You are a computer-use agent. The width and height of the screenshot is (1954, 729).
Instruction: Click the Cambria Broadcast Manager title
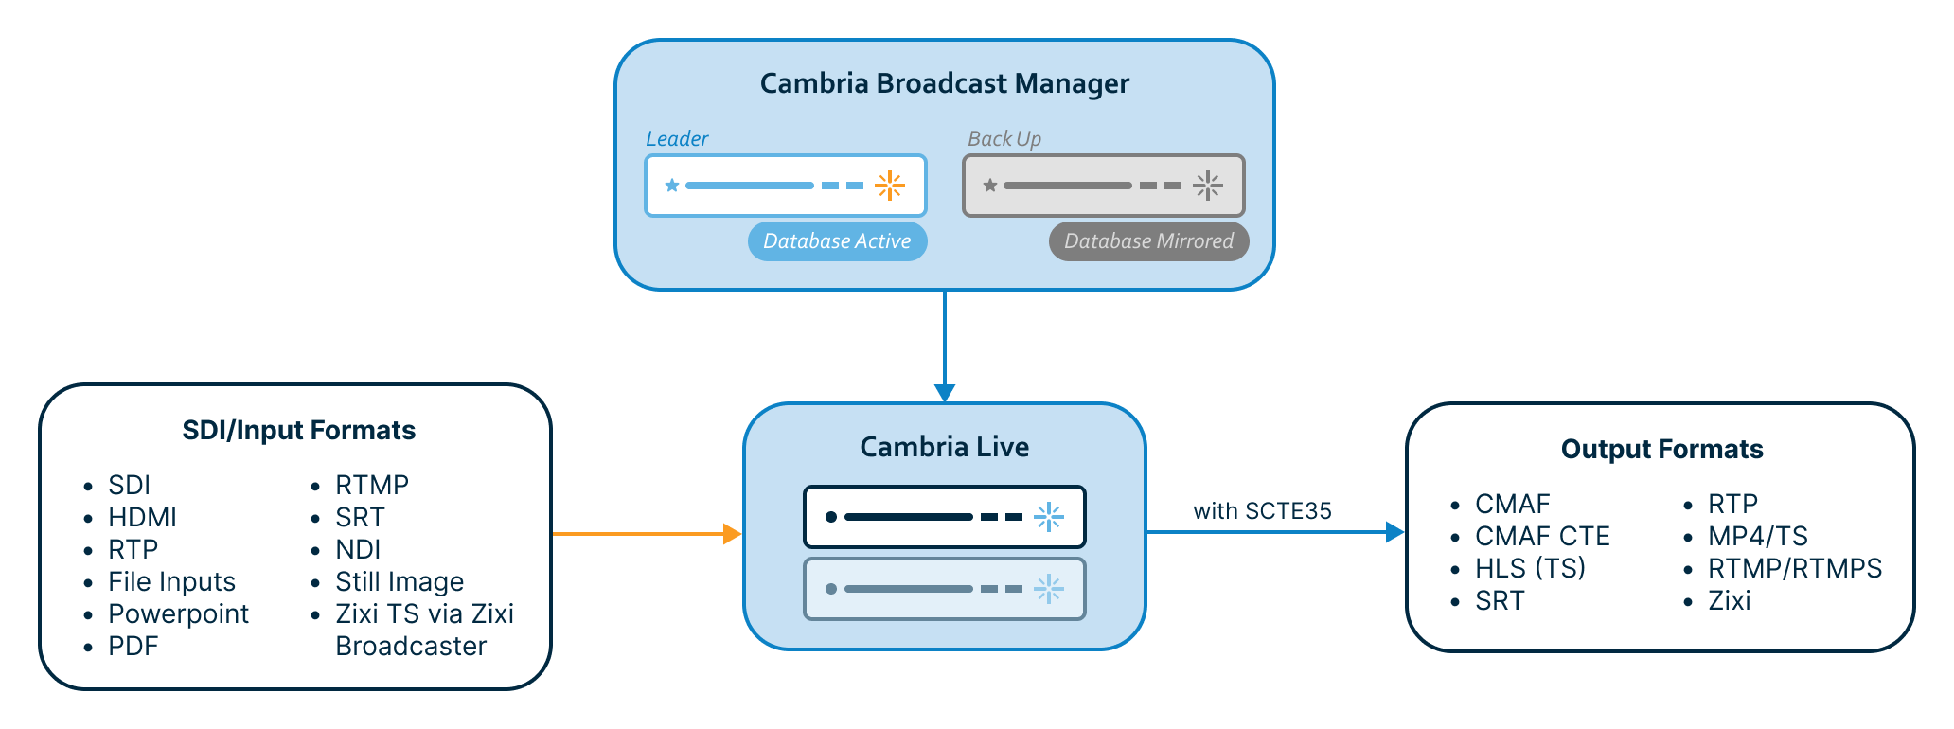coord(944,84)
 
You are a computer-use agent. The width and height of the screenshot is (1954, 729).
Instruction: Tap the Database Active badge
coord(837,241)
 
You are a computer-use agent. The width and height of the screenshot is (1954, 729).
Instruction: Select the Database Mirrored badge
coord(1148,241)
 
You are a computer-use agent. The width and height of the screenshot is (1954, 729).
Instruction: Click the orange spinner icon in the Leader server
coord(889,186)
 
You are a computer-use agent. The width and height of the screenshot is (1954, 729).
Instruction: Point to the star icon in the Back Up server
coord(990,186)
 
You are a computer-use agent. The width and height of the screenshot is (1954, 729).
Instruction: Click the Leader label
coord(677,139)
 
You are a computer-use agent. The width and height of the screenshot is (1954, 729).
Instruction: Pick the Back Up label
coord(1004,139)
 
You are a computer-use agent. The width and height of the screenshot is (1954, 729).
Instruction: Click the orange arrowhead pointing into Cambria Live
coord(732,534)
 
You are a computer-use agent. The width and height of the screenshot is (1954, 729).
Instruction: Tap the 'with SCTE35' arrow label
coord(1262,511)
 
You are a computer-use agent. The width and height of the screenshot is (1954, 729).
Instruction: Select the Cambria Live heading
coord(944,447)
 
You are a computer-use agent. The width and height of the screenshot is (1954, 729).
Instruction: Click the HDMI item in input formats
coord(142,518)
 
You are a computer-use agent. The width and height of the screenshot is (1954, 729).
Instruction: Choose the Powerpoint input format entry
coord(178,614)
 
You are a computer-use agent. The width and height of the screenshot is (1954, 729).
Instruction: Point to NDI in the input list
coord(358,550)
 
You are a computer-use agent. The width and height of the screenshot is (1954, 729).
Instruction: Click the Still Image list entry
coord(400,582)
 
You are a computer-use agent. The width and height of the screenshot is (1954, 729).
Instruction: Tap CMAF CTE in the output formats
coord(1542,537)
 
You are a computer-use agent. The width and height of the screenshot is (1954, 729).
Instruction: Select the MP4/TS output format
coord(1757,537)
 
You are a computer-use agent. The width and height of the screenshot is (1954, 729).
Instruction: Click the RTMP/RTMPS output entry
coord(1794,569)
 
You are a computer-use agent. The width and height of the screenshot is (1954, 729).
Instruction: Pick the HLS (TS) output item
coord(1530,569)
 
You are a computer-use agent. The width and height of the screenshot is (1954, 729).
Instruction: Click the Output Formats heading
coord(1661,450)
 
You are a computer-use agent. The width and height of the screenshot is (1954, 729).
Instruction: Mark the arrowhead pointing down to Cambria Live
coord(945,393)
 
